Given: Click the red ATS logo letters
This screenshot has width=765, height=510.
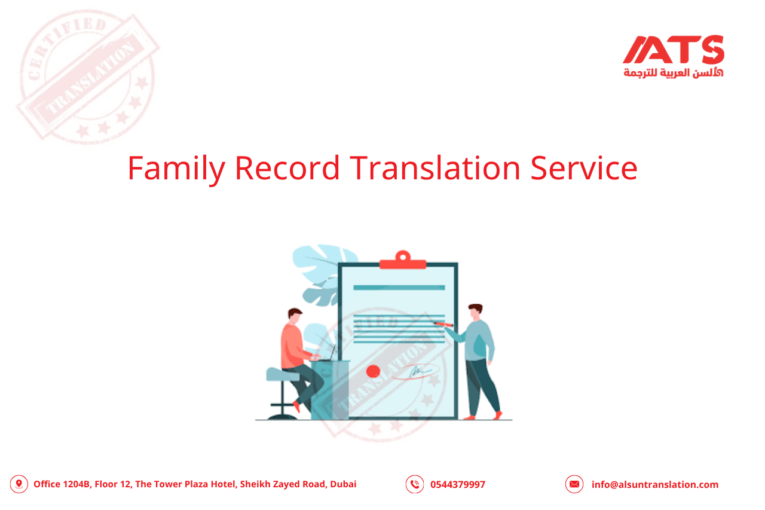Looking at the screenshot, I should tap(674, 50).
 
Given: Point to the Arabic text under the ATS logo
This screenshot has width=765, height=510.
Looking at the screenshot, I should tap(673, 72).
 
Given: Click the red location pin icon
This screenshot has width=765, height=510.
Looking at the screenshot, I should tap(19, 484).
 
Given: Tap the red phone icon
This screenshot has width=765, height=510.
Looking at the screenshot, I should tap(414, 484).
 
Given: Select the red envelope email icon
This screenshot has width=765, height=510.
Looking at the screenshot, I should tap(574, 484).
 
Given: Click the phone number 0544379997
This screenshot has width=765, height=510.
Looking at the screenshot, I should tap(458, 485).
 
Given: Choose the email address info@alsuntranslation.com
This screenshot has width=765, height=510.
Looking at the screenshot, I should tap(655, 485).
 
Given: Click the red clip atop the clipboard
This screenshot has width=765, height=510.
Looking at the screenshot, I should tap(403, 261).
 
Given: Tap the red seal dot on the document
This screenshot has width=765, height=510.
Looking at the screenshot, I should tap(373, 371).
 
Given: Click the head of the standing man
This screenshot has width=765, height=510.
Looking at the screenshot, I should tap(475, 312).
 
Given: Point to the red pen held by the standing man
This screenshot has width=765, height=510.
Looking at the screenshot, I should tap(443, 324).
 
